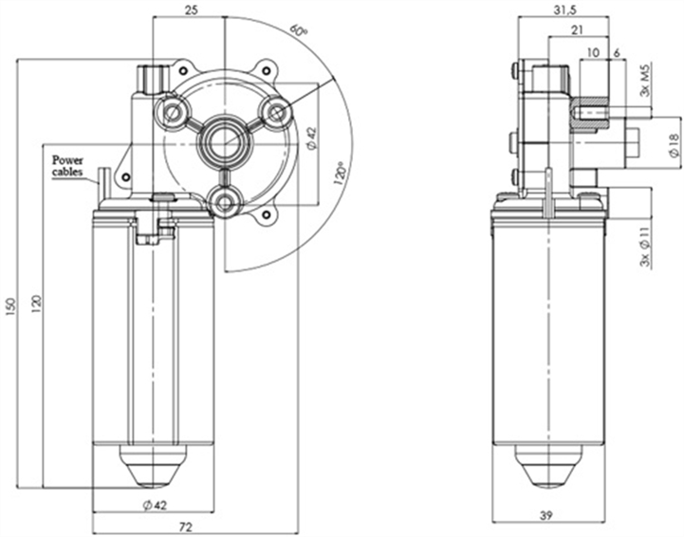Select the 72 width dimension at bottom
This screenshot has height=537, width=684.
click(186, 526)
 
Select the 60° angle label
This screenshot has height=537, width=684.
click(299, 31)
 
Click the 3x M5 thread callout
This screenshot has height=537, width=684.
click(645, 81)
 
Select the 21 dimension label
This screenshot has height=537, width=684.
click(576, 30)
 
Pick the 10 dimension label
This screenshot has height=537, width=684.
click(593, 51)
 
